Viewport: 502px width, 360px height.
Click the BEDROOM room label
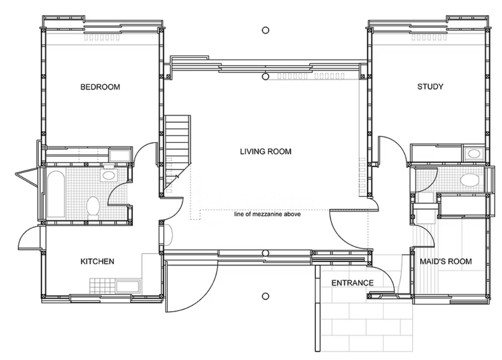click(100, 87)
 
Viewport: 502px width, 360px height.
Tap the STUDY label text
click(430, 87)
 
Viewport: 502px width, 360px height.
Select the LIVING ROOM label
click(266, 151)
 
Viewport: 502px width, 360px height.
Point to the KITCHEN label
click(97, 261)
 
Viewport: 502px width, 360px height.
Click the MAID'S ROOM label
click(446, 261)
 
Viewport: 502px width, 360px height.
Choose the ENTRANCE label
click(353, 283)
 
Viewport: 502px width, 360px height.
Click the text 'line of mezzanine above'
click(267, 214)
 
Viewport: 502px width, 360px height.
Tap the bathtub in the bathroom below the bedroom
click(56, 194)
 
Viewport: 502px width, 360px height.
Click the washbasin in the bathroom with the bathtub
click(108, 175)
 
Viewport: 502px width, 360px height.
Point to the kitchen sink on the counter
click(128, 286)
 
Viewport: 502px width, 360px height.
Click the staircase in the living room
click(178, 154)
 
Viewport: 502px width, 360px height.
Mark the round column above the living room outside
click(266, 30)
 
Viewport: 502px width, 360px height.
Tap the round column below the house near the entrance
click(266, 296)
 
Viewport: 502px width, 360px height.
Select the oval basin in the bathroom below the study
click(469, 180)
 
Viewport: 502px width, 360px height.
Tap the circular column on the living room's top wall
click(265, 77)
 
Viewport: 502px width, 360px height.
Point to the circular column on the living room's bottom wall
click(265, 254)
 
